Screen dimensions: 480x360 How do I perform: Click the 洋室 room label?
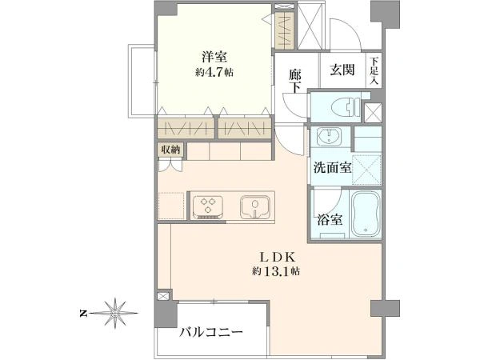click(214, 58)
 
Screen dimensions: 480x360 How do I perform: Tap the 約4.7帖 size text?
click(214, 73)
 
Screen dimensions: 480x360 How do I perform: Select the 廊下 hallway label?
click(295, 82)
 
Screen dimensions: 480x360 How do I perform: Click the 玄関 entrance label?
click(342, 70)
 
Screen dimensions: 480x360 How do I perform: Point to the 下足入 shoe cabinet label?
click(374, 70)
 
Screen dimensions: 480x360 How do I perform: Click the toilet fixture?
click(346, 107)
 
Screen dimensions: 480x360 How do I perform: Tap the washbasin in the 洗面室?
click(329, 136)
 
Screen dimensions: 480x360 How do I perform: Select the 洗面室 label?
click(332, 168)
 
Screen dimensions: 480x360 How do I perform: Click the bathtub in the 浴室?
click(366, 214)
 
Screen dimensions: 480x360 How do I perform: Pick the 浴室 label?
click(330, 219)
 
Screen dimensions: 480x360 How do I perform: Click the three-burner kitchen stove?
click(208, 206)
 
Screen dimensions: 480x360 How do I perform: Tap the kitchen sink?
click(255, 206)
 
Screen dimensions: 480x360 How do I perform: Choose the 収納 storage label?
click(170, 150)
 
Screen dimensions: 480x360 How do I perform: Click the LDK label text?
click(277, 258)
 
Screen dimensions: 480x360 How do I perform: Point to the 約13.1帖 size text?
click(276, 271)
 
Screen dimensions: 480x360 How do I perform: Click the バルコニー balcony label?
click(211, 331)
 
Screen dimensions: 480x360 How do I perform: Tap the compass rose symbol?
click(115, 313)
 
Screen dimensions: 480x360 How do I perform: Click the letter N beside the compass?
click(82, 314)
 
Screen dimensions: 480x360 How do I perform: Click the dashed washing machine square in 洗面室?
click(366, 170)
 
